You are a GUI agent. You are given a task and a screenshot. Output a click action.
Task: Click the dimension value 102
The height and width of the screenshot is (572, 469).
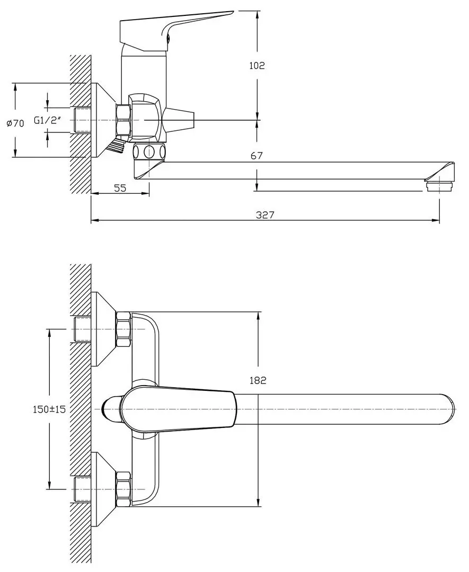[x=256, y=66]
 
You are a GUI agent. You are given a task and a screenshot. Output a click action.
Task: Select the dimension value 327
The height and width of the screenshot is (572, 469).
[x=266, y=214]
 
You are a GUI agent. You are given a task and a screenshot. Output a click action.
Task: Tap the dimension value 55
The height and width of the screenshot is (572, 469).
[x=120, y=187]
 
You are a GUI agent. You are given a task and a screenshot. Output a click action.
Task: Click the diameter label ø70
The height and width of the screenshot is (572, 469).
[x=15, y=123]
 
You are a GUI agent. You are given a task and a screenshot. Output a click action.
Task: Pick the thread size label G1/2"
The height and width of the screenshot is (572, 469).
[x=48, y=120]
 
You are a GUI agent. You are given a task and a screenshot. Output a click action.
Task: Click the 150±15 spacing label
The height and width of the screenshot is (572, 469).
[x=49, y=409]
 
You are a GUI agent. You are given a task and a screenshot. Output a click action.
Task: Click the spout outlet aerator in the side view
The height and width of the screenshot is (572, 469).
[x=439, y=186]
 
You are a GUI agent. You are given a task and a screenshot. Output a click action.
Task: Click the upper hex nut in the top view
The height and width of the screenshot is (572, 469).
[x=123, y=329]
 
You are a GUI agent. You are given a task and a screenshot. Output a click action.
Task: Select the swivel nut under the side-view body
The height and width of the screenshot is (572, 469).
[x=149, y=151]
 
